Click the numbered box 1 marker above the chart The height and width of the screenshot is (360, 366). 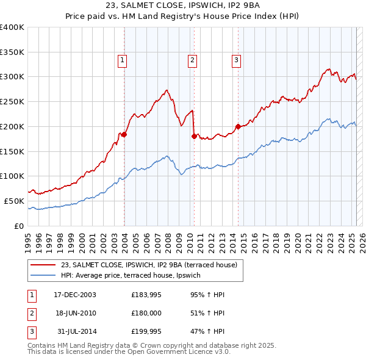(123, 60)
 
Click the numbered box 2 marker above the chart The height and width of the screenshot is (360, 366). (192, 60)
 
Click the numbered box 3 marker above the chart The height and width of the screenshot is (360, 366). (236, 60)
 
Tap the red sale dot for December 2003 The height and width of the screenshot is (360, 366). (124, 134)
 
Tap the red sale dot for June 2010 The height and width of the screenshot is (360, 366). (194, 136)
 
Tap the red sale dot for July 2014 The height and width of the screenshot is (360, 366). (238, 126)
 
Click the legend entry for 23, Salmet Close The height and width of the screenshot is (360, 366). (152, 265)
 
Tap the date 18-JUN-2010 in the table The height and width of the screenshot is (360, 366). (77, 314)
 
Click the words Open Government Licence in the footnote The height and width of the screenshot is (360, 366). (178, 352)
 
